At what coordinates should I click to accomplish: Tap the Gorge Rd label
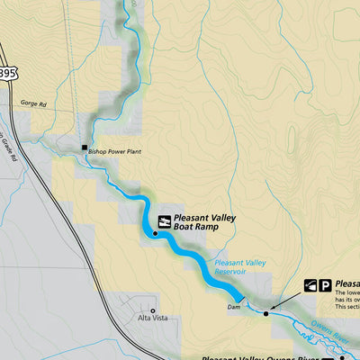(x=30, y=104)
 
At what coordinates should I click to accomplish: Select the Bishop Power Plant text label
(x=113, y=153)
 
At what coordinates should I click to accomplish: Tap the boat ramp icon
(x=164, y=220)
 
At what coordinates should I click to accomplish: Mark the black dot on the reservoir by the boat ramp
(x=155, y=234)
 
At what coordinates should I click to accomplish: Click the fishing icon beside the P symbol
(x=311, y=285)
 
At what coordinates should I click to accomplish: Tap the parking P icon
(x=326, y=285)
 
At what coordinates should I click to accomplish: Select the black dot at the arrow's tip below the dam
(x=266, y=313)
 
